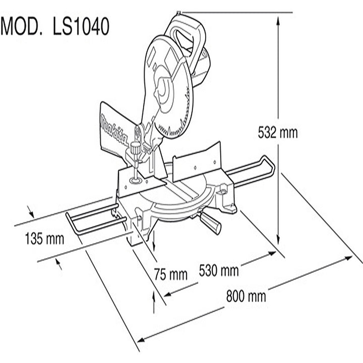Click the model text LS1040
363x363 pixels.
[81, 26]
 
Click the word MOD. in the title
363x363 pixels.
[22, 26]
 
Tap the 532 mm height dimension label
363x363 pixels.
[278, 133]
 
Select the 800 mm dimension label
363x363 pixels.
[246, 296]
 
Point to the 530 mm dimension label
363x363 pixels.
[219, 270]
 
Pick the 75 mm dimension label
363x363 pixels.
[170, 275]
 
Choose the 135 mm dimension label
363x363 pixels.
[44, 238]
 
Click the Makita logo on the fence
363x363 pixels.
[114, 131]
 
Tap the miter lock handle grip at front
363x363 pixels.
[210, 223]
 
